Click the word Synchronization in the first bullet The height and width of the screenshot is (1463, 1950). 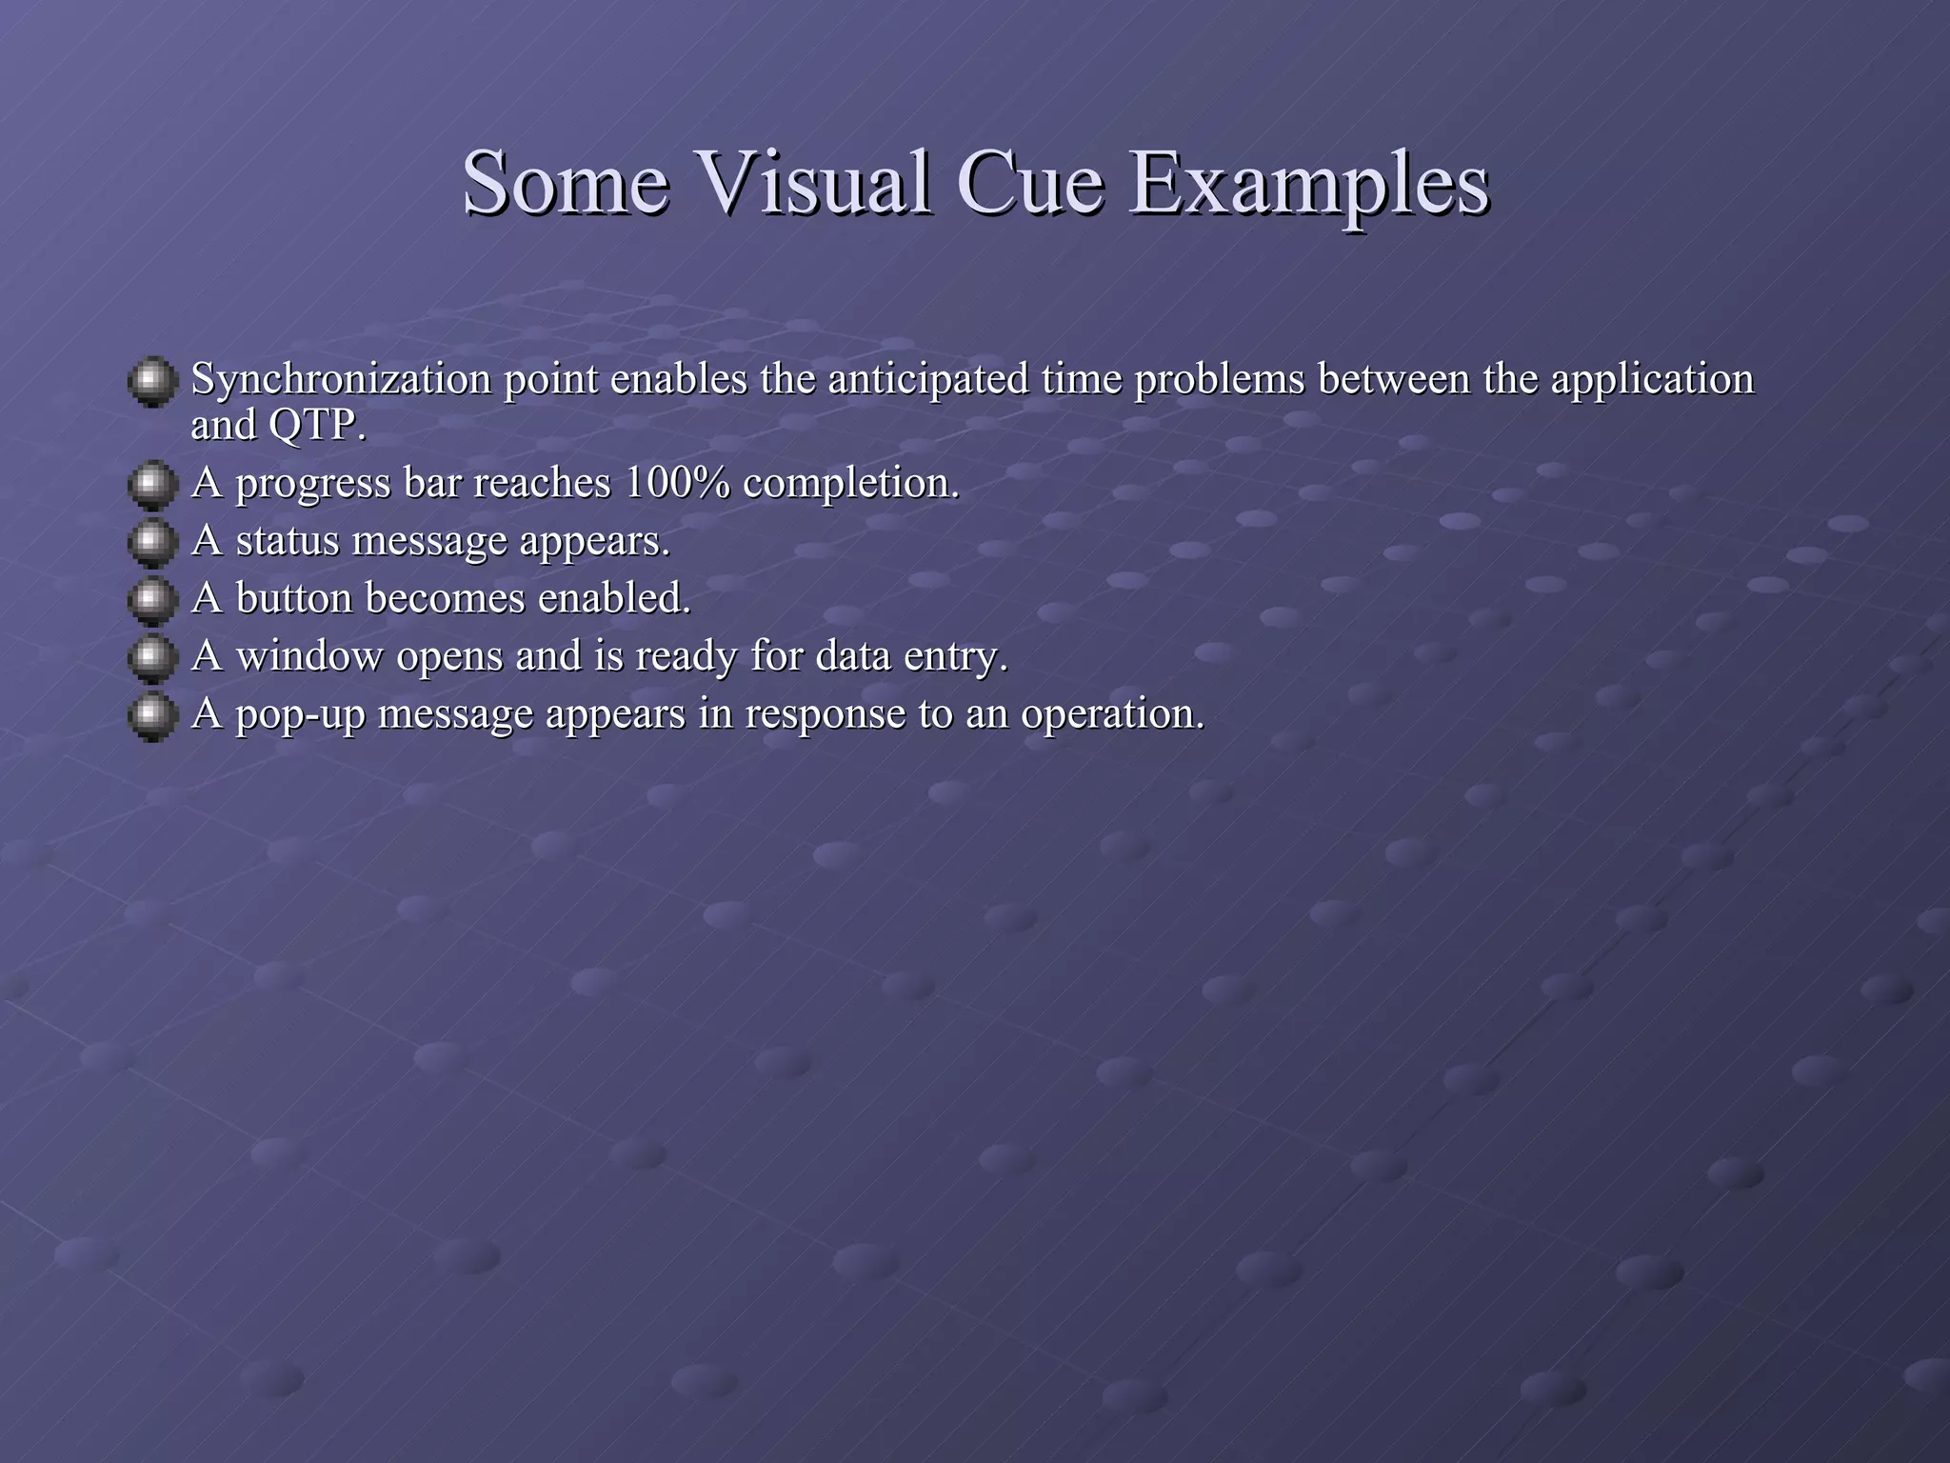(341, 380)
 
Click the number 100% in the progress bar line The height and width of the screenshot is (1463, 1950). (677, 483)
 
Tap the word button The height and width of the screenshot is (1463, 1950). (294, 598)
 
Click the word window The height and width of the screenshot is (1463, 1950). (308, 656)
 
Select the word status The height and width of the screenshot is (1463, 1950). (287, 541)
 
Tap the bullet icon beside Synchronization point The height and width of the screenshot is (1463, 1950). (152, 382)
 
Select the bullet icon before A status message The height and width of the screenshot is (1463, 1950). (152, 543)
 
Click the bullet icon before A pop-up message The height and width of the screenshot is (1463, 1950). (152, 716)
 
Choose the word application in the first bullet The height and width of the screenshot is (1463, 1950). (1652, 380)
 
